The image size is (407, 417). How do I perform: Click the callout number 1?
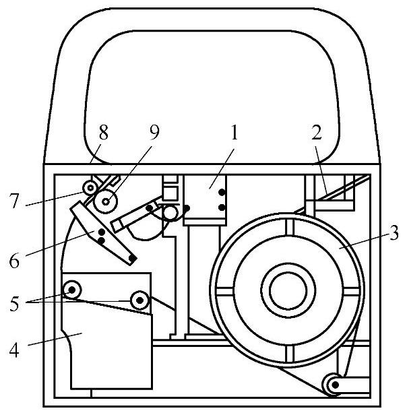pyautogui.click(x=234, y=133)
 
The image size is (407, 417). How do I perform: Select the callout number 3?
pyautogui.click(x=394, y=234)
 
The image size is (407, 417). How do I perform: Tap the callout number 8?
pyautogui.click(x=102, y=133)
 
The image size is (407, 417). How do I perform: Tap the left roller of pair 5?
pyautogui.click(x=71, y=291)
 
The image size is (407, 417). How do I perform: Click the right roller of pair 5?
pyautogui.click(x=140, y=298)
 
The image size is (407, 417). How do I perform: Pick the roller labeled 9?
pyautogui.click(x=104, y=201)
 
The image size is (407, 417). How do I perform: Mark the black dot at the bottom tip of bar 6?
pyautogui.click(x=133, y=259)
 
